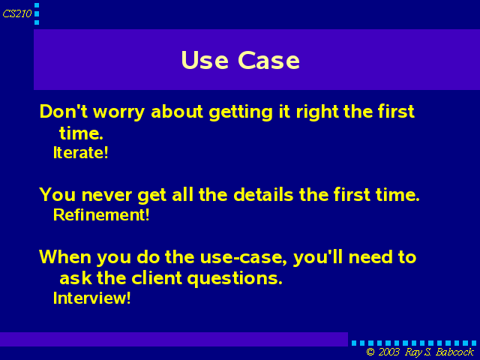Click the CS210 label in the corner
(x=17, y=13)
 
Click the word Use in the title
(x=205, y=60)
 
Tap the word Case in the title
(x=268, y=60)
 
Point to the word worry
(x=118, y=112)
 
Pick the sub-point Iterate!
(x=81, y=152)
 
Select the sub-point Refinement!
(x=101, y=214)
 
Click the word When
(x=65, y=256)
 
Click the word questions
(x=235, y=279)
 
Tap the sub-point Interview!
(x=92, y=298)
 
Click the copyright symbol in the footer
(x=370, y=352)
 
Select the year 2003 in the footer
(x=389, y=352)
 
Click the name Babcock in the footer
(x=454, y=352)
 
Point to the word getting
(x=241, y=112)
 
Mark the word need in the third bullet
(x=370, y=256)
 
